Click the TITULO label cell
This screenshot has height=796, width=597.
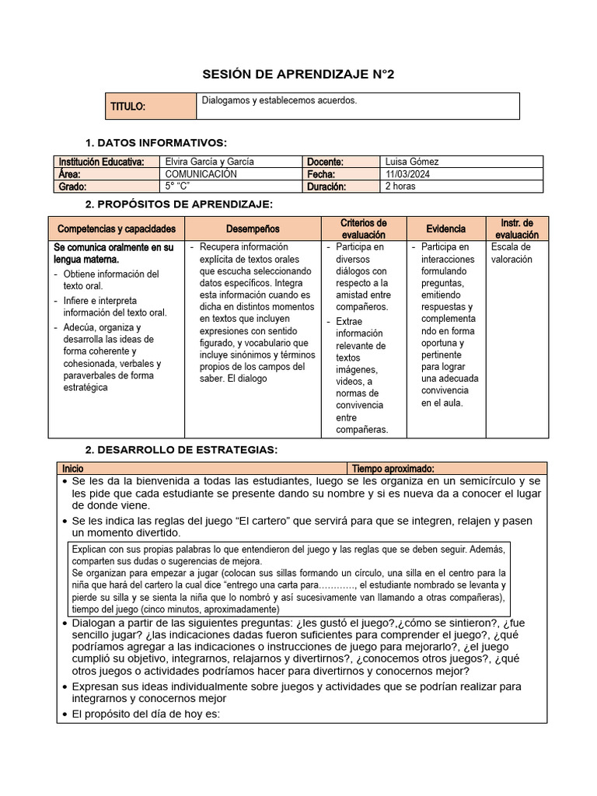(128, 106)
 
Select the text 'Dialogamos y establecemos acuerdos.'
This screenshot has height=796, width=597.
(279, 101)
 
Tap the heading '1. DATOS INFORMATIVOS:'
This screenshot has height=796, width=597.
(155, 142)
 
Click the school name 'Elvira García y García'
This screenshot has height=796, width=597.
(210, 162)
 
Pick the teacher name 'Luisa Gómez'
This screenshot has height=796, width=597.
(412, 162)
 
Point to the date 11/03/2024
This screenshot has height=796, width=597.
(409, 174)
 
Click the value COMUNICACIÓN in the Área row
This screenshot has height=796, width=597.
(201, 174)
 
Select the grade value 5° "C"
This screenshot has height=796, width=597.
(178, 187)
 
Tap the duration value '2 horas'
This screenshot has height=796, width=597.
(401, 187)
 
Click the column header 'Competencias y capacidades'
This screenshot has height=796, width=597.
(117, 229)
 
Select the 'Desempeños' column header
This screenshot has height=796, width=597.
(253, 229)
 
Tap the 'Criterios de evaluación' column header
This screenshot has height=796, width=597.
(364, 229)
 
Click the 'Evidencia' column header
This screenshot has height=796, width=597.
(446, 229)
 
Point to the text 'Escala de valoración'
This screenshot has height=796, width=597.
(511, 253)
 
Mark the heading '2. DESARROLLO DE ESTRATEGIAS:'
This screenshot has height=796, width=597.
(180, 450)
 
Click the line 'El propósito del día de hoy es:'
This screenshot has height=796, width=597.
(146, 715)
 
